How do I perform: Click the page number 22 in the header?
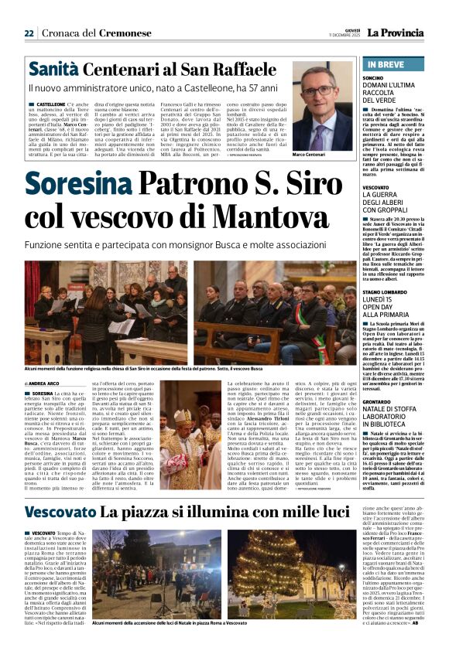click(x=29, y=32)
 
